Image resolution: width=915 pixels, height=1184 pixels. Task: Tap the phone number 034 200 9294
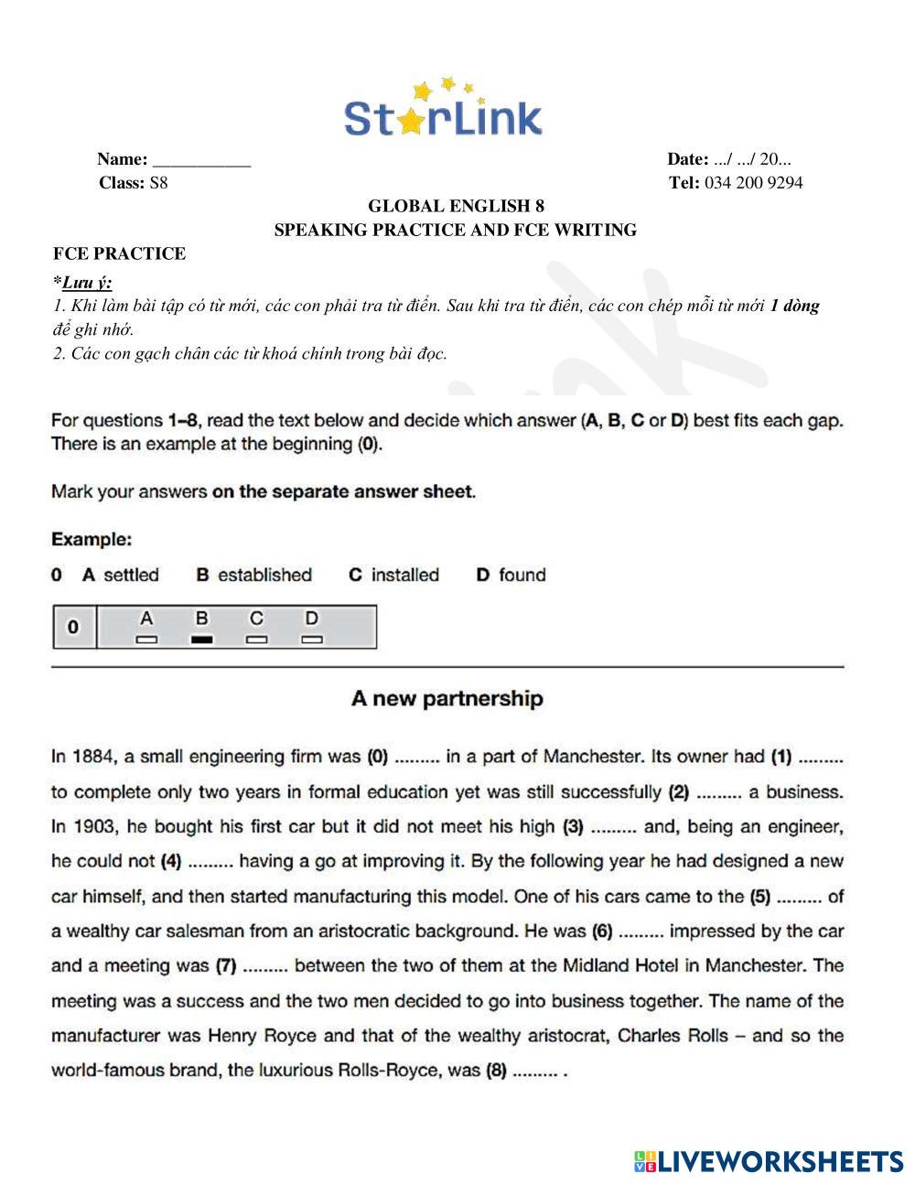pos(753,183)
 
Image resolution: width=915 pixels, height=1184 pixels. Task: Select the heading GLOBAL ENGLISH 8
pos(455,207)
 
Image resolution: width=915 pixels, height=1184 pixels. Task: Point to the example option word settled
pos(131,576)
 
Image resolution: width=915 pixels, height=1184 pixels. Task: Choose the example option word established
pos(264,576)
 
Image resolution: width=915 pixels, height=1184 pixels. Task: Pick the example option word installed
pos(404,576)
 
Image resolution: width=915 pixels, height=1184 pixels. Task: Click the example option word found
pos(522,576)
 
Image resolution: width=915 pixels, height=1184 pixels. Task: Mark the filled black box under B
pos(202,640)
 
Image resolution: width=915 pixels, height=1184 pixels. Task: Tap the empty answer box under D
pos(312,640)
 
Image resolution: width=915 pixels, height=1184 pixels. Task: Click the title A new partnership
pos(447,699)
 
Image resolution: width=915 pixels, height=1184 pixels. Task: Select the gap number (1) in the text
pos(780,757)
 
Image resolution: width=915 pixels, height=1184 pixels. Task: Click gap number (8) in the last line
pos(495,1071)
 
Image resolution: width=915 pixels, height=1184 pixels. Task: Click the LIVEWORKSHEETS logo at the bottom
pos(769,1161)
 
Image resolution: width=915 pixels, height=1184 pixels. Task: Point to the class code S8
pos(158,183)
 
